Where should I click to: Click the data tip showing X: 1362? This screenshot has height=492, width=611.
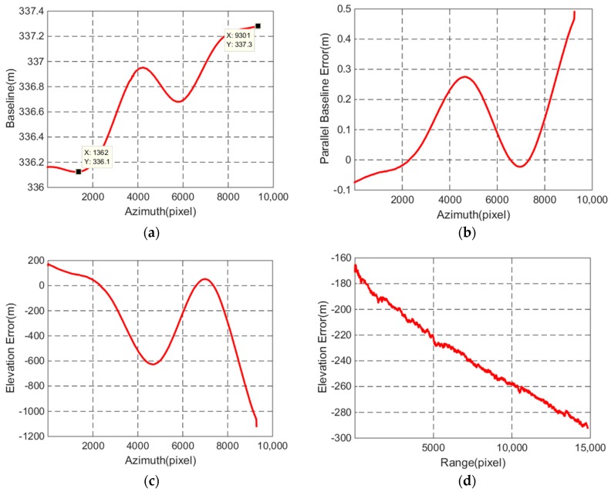click(x=97, y=157)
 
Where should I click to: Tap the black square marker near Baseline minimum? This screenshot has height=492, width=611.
click(x=79, y=171)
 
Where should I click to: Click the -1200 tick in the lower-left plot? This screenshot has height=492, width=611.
click(x=27, y=437)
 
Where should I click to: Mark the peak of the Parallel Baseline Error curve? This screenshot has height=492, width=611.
click(x=465, y=76)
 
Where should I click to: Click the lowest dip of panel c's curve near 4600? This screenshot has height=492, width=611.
click(x=152, y=364)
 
